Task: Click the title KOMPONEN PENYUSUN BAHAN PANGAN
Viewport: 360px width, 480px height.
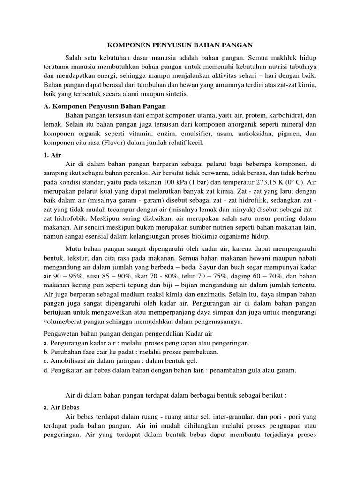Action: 180,45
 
